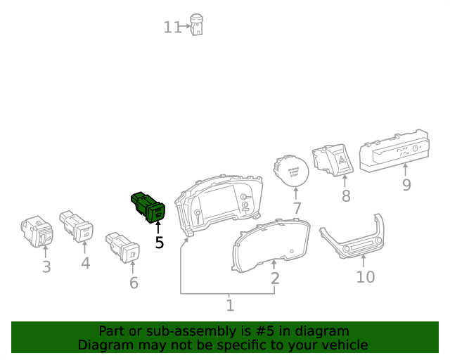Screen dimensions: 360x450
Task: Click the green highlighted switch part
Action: [x=148, y=206]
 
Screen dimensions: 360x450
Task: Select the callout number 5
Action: [x=159, y=243]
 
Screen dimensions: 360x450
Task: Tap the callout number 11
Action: [x=172, y=27]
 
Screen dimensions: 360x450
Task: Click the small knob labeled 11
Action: [x=197, y=25]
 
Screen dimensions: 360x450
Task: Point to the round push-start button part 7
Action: [x=290, y=170]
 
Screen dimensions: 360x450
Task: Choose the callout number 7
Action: [x=297, y=209]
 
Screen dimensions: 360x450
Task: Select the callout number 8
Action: [x=345, y=196]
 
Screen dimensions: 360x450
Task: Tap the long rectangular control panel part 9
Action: [x=394, y=150]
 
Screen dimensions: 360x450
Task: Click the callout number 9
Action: [x=406, y=185]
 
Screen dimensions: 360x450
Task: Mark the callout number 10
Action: [x=365, y=277]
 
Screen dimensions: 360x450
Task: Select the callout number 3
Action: [x=46, y=267]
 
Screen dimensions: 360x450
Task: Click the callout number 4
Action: [x=85, y=264]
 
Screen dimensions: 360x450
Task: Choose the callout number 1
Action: [x=230, y=306]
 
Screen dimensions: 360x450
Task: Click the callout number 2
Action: [x=275, y=278]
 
